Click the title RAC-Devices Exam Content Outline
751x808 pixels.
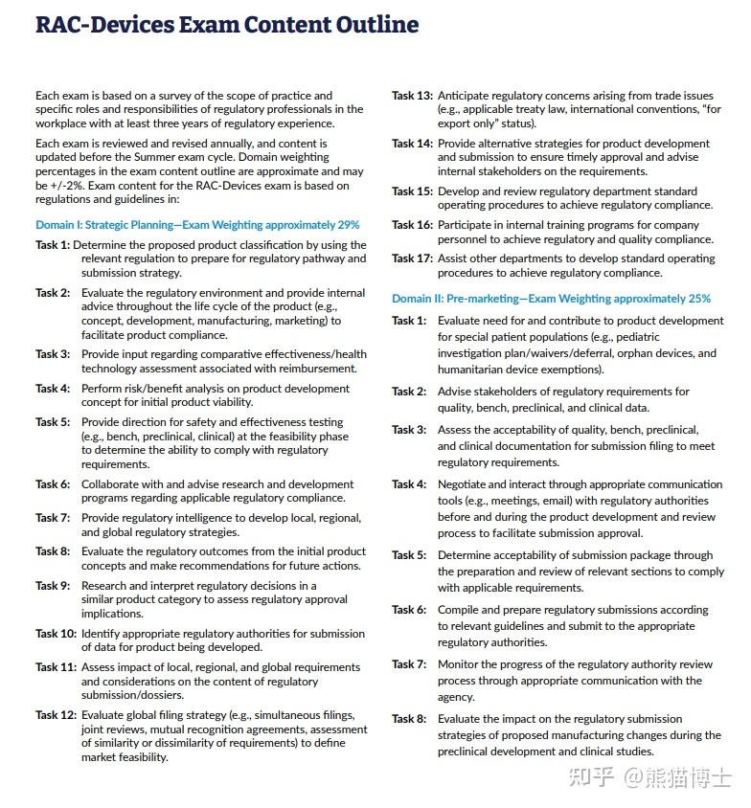pos(227,25)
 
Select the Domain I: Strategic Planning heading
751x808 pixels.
pos(197,225)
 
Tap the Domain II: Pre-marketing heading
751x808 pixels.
pos(551,299)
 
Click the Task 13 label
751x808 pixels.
pos(412,96)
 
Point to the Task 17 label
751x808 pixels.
pos(412,258)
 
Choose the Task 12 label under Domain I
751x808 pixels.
pos(56,715)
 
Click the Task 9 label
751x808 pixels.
pos(53,586)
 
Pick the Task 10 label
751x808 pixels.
pos(56,634)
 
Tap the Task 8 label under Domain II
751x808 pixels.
pos(409,719)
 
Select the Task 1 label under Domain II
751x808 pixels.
pos(409,321)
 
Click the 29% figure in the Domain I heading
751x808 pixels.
pos(348,225)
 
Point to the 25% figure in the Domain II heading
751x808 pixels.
pos(698,299)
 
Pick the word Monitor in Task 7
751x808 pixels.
pos(460,664)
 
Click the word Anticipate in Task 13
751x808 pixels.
pos(467,96)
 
